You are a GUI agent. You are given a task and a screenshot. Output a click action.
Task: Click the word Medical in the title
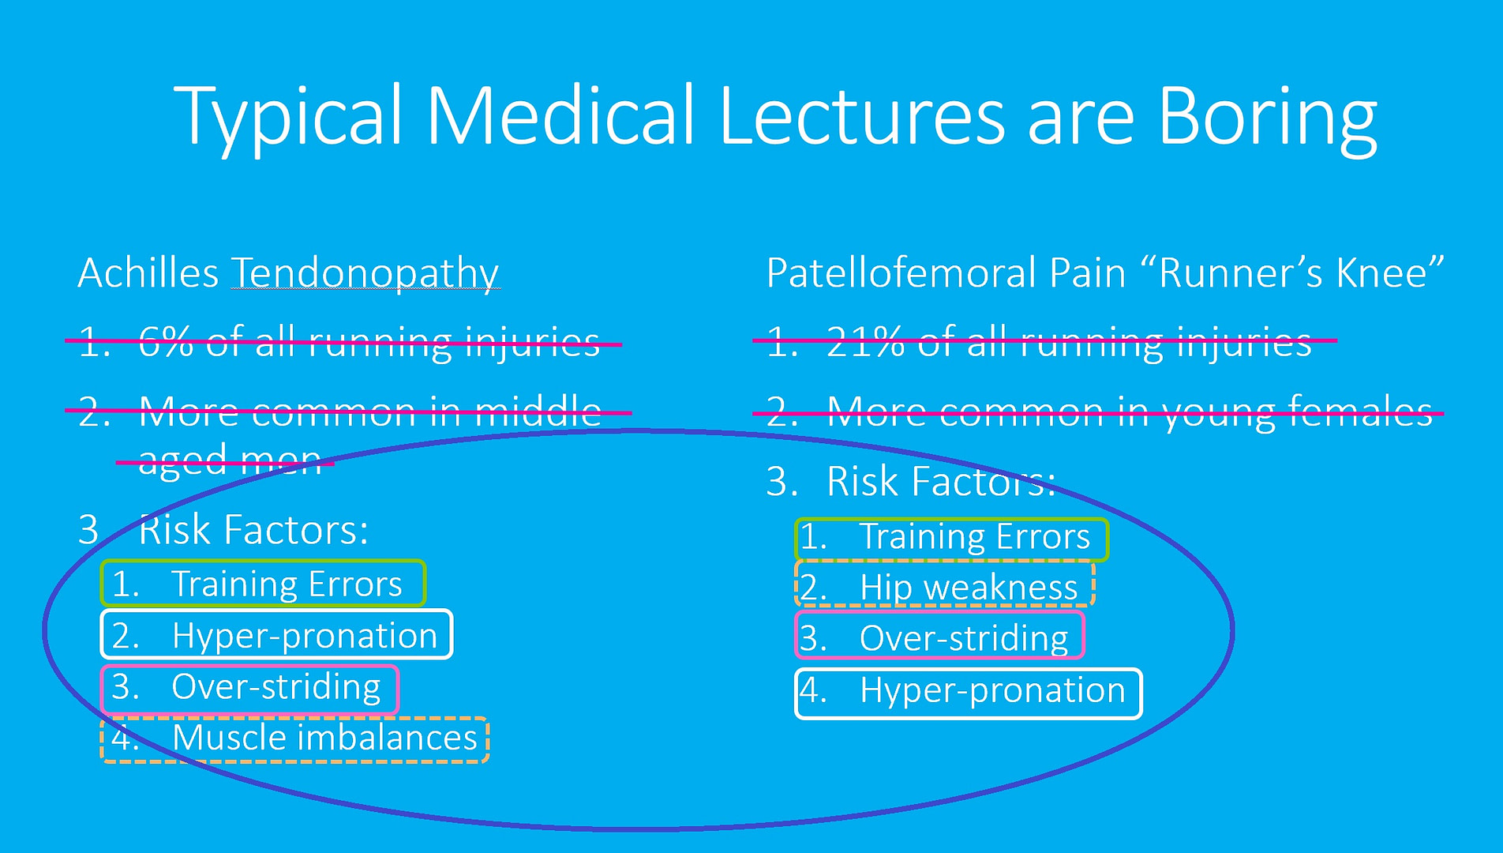[x=560, y=117]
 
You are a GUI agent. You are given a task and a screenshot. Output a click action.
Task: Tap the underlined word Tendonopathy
[x=365, y=274]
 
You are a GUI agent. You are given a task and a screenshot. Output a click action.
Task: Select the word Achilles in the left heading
[x=148, y=274]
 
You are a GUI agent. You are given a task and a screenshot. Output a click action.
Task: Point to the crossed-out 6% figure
[x=166, y=342]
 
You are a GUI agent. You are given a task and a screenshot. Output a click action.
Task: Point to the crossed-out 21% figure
[x=864, y=342]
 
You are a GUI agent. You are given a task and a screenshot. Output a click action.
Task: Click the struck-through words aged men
[x=229, y=460]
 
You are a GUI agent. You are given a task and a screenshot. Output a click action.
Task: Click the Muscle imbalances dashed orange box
[x=294, y=739]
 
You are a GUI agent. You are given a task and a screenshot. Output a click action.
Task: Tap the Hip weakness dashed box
[x=944, y=585]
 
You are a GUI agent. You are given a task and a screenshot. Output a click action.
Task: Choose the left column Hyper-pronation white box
[x=276, y=634]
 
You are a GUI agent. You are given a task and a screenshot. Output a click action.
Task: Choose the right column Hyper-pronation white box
[x=968, y=693]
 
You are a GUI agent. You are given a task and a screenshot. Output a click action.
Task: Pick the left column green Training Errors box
[x=263, y=584]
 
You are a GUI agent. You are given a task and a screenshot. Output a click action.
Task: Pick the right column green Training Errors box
[x=951, y=539]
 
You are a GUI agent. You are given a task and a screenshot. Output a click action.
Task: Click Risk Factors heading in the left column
[x=253, y=530]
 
